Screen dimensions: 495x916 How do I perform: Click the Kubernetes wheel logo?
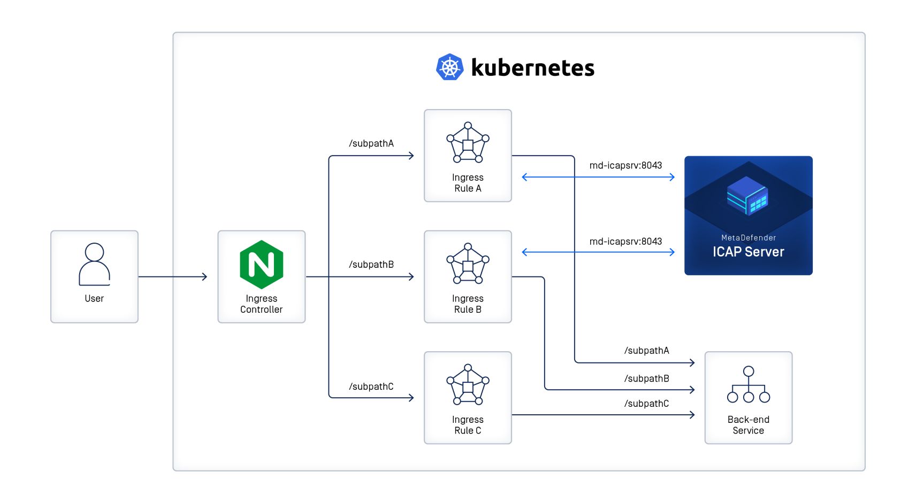coord(449,67)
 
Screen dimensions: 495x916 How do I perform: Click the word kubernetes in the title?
coord(532,68)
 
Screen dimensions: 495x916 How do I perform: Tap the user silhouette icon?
coord(94,265)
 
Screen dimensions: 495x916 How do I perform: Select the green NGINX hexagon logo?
coord(261,265)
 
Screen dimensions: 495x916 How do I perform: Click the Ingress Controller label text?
coord(261,304)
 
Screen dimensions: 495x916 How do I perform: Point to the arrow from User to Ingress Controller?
coord(172,276)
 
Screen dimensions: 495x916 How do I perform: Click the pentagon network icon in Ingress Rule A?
coord(468,143)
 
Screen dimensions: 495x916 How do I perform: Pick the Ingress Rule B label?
coord(468,304)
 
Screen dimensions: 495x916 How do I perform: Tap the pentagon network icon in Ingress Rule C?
coord(468,385)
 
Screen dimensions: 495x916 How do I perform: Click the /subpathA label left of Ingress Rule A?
coord(371,143)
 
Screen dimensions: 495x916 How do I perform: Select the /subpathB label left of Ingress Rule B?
coord(371,265)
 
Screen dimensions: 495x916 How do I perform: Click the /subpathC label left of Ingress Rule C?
coord(371,386)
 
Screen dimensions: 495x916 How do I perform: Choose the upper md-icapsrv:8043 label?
coord(625,165)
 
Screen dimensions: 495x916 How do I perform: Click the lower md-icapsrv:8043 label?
coord(625,241)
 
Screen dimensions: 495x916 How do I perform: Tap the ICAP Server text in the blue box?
coord(748,252)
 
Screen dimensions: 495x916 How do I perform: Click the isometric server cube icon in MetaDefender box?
coord(747,196)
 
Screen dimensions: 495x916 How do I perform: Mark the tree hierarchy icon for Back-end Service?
coord(748,385)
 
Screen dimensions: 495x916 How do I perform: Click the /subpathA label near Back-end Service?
coord(646,351)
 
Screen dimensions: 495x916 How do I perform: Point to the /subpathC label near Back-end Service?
coord(646,404)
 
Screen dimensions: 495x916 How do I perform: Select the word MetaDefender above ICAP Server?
coord(748,238)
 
